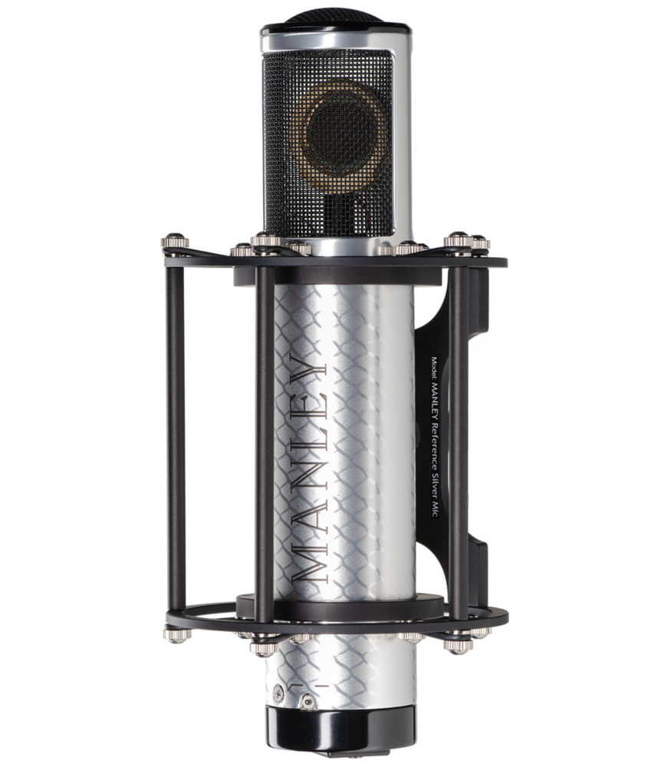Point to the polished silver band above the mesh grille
[x=336, y=41]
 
